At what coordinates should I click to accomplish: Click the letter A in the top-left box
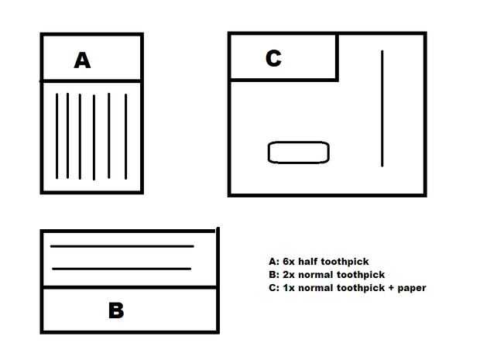(82, 60)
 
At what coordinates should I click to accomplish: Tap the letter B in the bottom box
(116, 310)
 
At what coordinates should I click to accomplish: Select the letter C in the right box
(273, 59)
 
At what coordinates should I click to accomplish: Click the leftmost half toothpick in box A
(57, 136)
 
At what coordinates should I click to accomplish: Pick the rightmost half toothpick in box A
(126, 136)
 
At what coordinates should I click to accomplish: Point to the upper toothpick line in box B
(122, 246)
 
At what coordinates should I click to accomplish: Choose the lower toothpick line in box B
(122, 269)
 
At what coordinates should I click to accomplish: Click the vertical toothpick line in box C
(382, 108)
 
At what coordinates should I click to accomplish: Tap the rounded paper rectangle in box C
(299, 153)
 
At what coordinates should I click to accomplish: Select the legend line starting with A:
(324, 262)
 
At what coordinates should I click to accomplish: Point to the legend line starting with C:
(347, 287)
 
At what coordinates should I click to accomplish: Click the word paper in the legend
(410, 287)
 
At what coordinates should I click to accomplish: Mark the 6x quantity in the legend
(288, 262)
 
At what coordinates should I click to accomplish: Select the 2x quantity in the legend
(287, 274)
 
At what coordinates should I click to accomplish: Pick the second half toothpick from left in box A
(67, 136)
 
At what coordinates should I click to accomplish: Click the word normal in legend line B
(319, 274)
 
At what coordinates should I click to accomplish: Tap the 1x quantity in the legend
(287, 287)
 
